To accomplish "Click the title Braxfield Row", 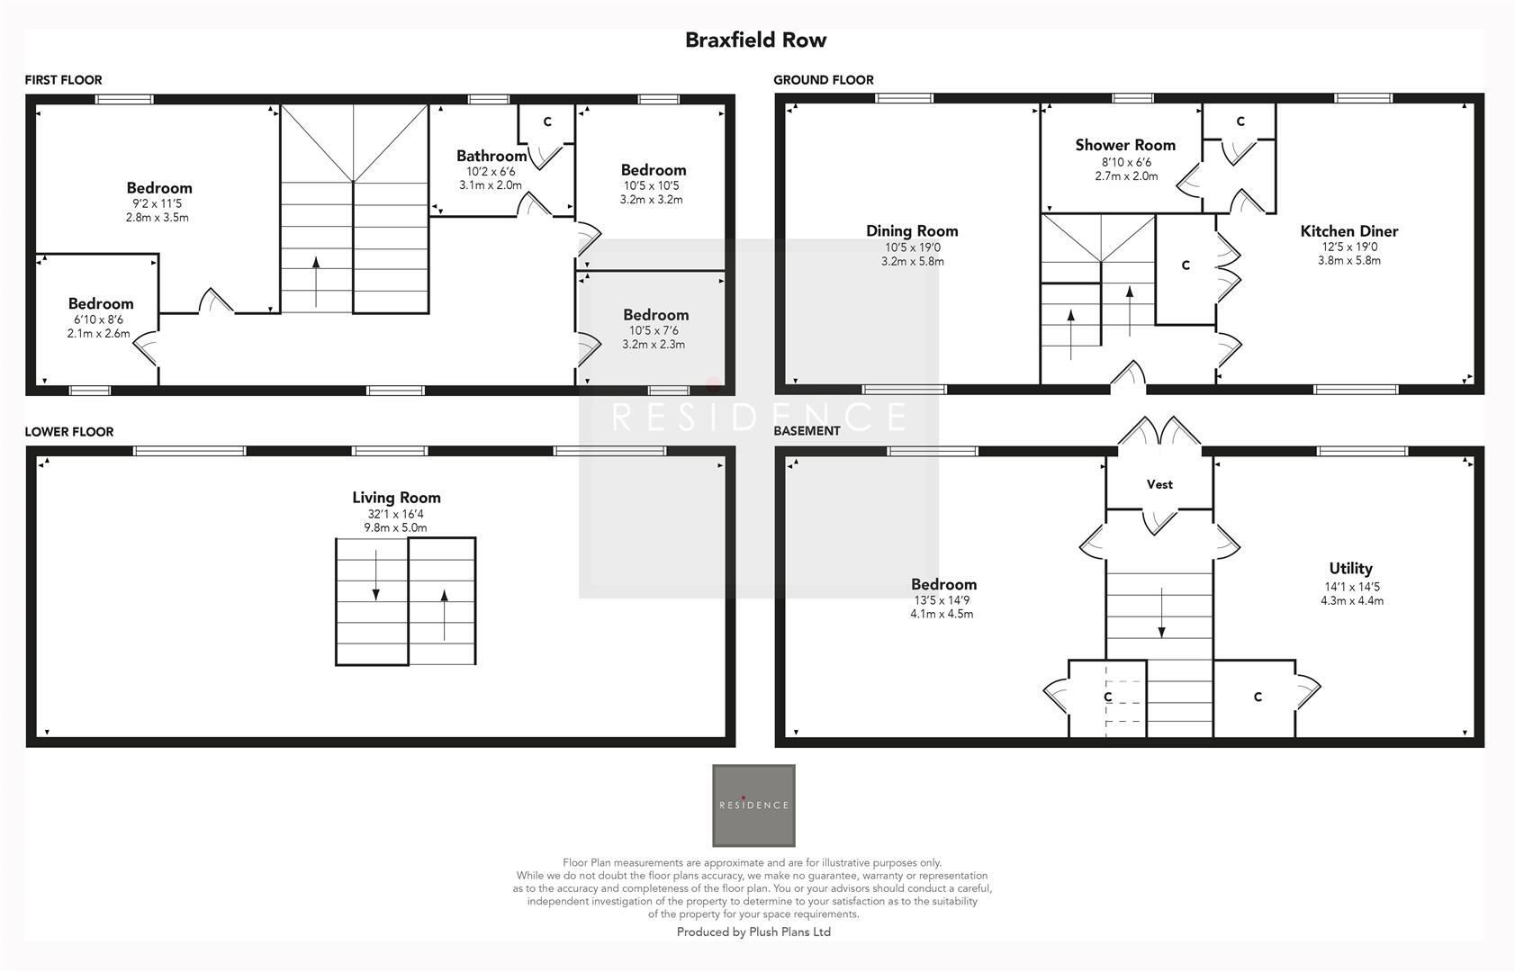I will coord(755,40).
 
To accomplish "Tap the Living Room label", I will coord(396,498).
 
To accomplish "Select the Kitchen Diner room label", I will coord(1348,231).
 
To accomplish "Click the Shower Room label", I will coord(1124,145).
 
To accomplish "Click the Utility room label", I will coord(1350,568).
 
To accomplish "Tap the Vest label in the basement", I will coord(1159,484).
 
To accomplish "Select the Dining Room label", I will coord(912,231).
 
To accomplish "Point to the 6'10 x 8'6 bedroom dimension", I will coord(98,319).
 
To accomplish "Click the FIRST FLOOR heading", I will coord(63,80).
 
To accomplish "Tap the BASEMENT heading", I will coord(807,431).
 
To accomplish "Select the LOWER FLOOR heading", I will coord(68,432).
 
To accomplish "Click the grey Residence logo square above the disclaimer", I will coord(753,805).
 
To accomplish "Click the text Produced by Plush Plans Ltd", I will coord(753,932).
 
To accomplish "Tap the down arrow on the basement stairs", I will coord(1161,614).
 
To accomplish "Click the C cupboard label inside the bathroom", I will coord(546,121).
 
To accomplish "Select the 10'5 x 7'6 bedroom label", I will coord(655,315).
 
